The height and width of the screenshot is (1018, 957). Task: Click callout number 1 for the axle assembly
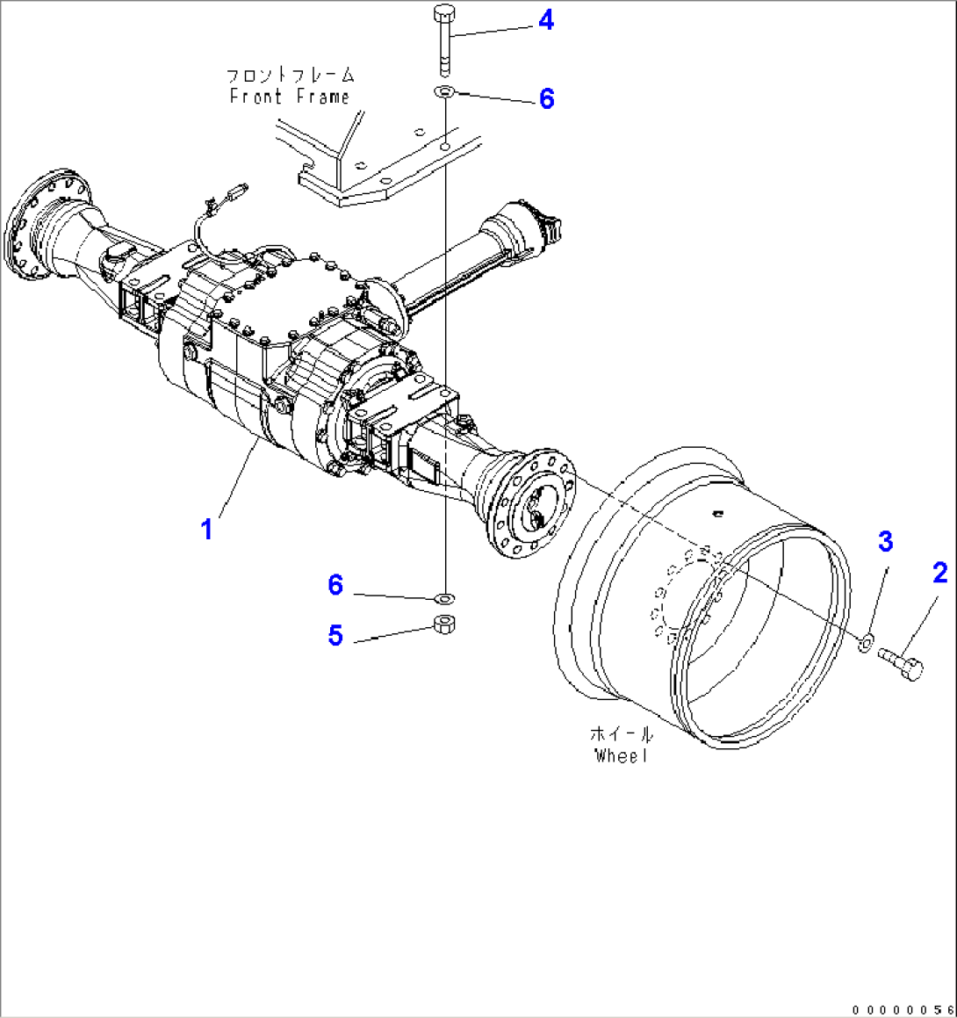207,530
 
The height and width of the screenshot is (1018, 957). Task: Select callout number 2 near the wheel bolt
939,574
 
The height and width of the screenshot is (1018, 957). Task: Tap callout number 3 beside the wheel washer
885,541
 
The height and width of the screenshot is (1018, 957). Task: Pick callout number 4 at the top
546,20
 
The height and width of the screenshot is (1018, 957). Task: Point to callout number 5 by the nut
335,635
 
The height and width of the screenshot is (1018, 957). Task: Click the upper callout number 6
546,98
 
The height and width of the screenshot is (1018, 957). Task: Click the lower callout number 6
335,585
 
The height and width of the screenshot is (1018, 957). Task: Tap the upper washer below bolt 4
444,92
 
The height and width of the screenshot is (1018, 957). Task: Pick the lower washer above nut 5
445,598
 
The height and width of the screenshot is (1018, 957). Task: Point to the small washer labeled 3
864,645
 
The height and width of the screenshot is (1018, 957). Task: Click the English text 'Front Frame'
290,97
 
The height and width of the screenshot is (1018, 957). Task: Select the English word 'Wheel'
621,755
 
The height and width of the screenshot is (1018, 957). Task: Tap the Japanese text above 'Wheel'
622,734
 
